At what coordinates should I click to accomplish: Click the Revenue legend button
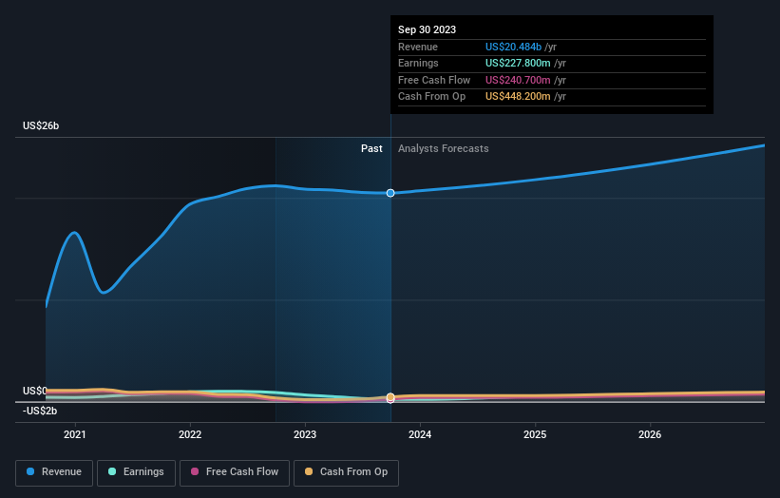55,472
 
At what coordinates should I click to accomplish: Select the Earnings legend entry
136,472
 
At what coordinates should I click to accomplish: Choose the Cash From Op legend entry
347,472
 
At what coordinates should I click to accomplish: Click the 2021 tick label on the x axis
75,434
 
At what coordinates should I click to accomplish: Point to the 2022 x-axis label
190,434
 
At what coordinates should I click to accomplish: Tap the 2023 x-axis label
305,434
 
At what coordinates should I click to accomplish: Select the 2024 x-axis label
420,434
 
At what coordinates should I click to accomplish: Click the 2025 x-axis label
535,434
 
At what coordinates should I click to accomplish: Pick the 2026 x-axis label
650,434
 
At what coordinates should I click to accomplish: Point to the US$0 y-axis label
34,392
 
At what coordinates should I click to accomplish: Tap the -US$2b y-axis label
40,411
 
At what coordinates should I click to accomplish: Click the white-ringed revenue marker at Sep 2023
390,193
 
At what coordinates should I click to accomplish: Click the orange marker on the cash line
390,397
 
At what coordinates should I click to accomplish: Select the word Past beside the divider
371,148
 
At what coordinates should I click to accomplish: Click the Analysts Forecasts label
444,148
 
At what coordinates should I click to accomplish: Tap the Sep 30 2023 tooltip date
427,29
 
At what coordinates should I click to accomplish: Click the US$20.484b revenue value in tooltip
513,47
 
